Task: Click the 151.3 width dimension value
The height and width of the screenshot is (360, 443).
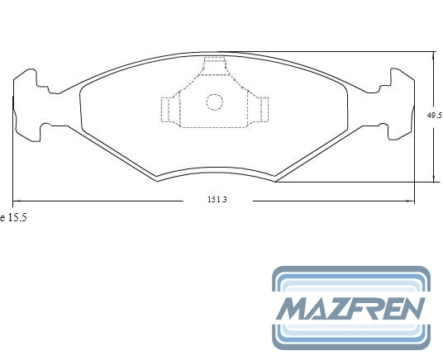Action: (217, 200)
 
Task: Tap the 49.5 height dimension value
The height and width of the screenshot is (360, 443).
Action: (434, 116)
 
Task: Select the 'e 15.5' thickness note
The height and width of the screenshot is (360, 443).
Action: (13, 218)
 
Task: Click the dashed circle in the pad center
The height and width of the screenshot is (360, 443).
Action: (214, 102)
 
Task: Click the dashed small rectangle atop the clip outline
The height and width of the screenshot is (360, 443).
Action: (215, 66)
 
